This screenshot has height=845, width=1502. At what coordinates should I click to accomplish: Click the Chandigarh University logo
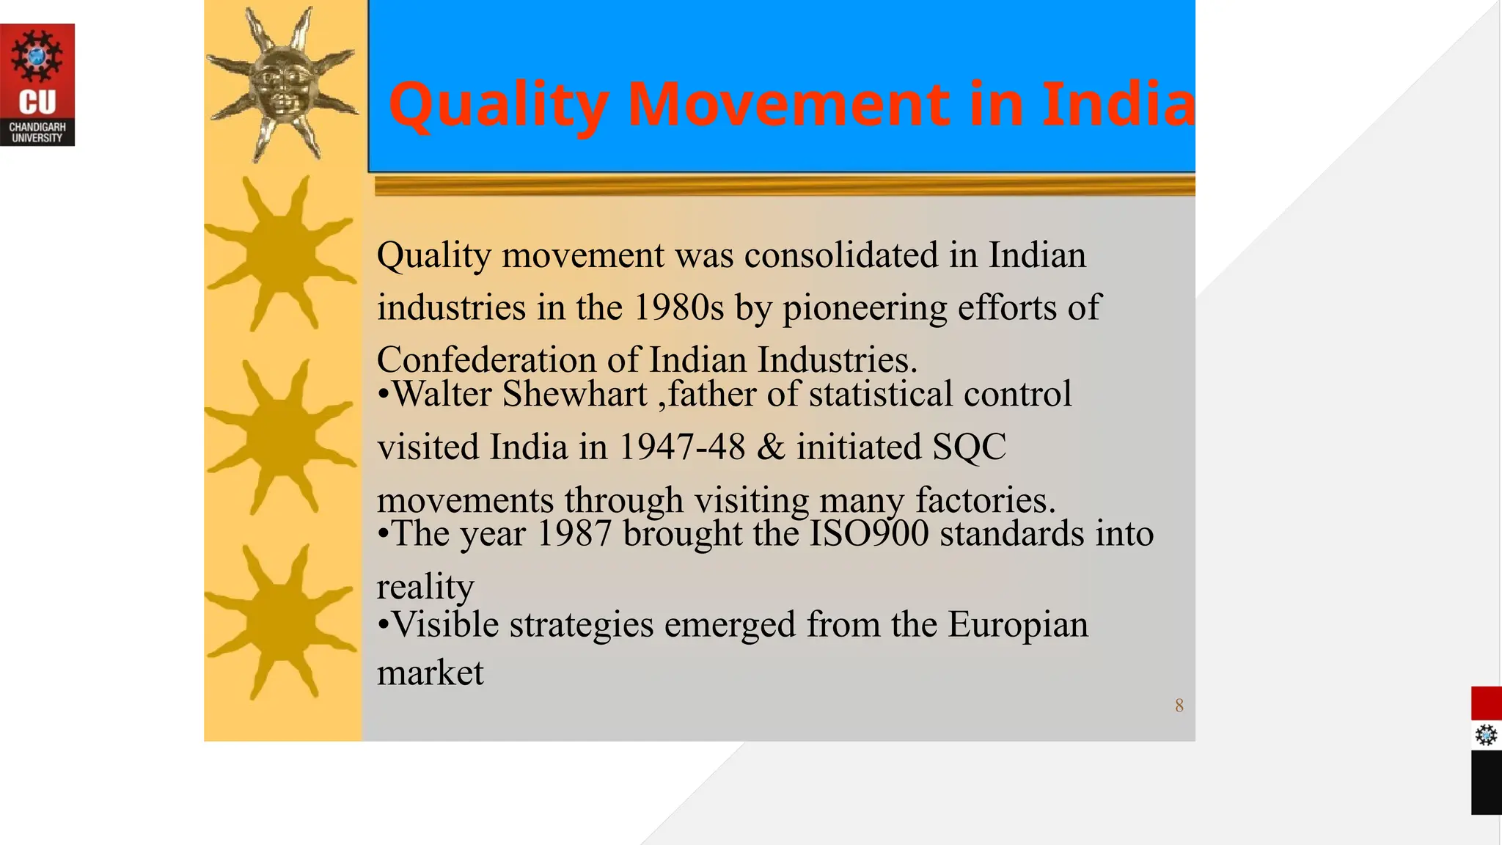[x=37, y=85]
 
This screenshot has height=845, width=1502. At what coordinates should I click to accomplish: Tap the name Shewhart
[x=574, y=395]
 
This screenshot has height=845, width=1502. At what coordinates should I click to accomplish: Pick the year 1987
[x=574, y=534]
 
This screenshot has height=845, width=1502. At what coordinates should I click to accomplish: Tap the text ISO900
[x=868, y=534]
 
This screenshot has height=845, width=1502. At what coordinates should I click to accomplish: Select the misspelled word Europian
[x=1018, y=625]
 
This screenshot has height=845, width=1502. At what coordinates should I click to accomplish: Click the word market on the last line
[x=431, y=673]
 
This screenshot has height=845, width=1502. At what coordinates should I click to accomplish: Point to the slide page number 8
[x=1179, y=706]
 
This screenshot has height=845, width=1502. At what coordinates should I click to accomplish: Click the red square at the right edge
[x=1486, y=703]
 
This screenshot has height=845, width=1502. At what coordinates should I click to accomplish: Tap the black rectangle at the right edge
[x=1486, y=782]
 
